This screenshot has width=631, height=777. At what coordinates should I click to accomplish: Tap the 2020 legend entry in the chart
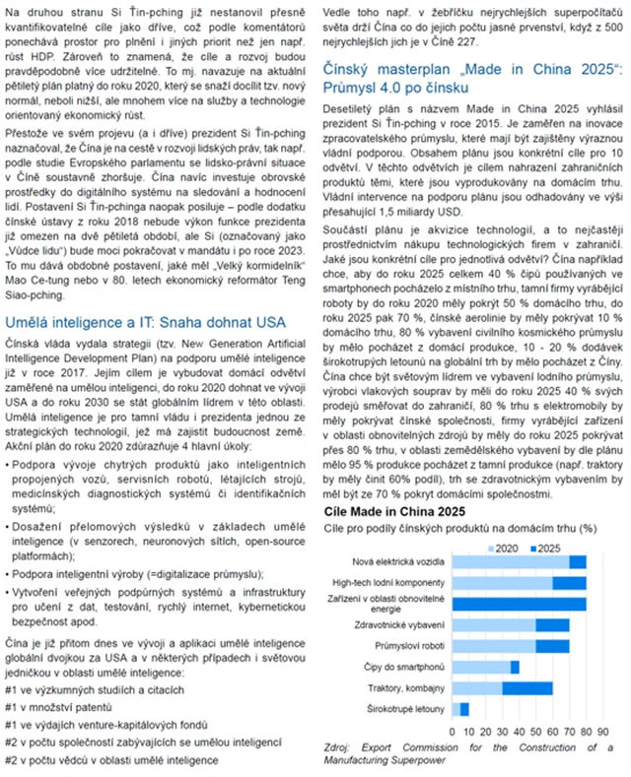click(507, 546)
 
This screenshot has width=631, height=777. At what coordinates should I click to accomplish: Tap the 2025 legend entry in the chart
click(548, 546)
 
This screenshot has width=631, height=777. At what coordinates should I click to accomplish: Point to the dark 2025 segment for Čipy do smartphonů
click(515, 667)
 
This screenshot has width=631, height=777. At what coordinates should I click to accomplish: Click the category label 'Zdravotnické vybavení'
click(405, 625)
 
